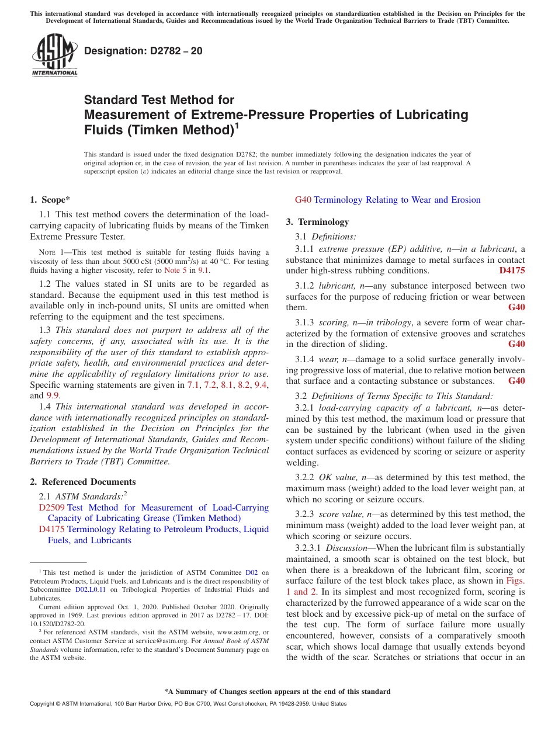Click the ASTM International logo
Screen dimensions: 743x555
54,55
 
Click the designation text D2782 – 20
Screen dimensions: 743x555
143,51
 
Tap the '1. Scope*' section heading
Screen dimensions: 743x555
50,200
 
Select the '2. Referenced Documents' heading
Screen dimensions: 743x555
83,482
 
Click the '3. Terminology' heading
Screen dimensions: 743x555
317,222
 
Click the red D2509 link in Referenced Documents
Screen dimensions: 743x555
51,508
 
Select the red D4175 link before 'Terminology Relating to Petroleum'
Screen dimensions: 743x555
51,529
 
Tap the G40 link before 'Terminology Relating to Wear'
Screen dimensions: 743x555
303,200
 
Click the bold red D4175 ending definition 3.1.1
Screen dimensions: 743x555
512,270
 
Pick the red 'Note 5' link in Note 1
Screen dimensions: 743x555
176,270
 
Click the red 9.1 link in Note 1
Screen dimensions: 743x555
203,270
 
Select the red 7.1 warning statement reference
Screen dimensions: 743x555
193,385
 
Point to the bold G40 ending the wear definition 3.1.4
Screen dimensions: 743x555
516,381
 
